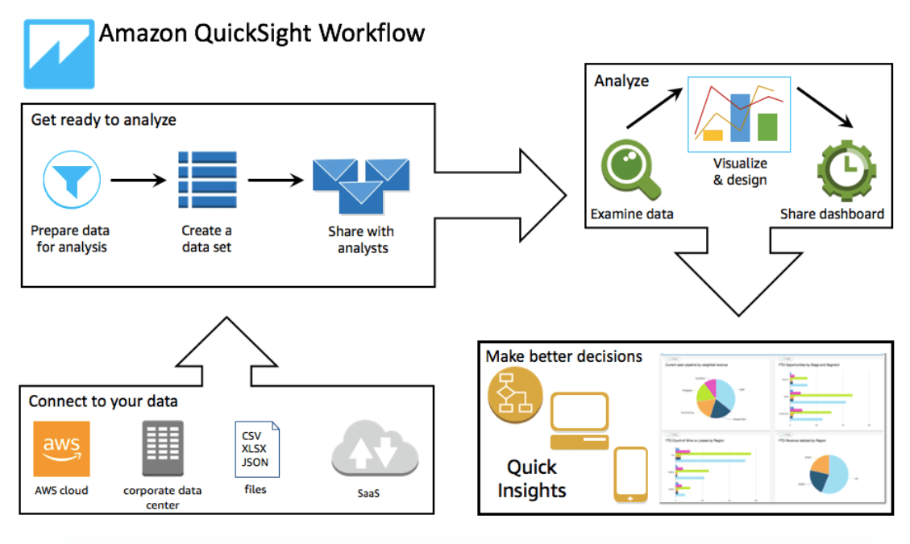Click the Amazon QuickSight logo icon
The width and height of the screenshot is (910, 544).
click(x=59, y=54)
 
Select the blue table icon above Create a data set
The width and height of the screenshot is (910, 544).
click(x=207, y=179)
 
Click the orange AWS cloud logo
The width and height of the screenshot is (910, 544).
click(x=61, y=448)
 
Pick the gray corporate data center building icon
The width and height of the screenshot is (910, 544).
click(x=163, y=448)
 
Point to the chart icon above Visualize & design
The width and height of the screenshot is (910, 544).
click(x=738, y=114)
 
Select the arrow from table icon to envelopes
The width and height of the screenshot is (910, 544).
click(x=275, y=180)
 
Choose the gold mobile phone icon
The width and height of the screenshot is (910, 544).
click(x=630, y=475)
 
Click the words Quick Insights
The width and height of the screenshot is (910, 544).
click(x=532, y=479)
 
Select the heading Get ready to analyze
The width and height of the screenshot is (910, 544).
click(x=103, y=120)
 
